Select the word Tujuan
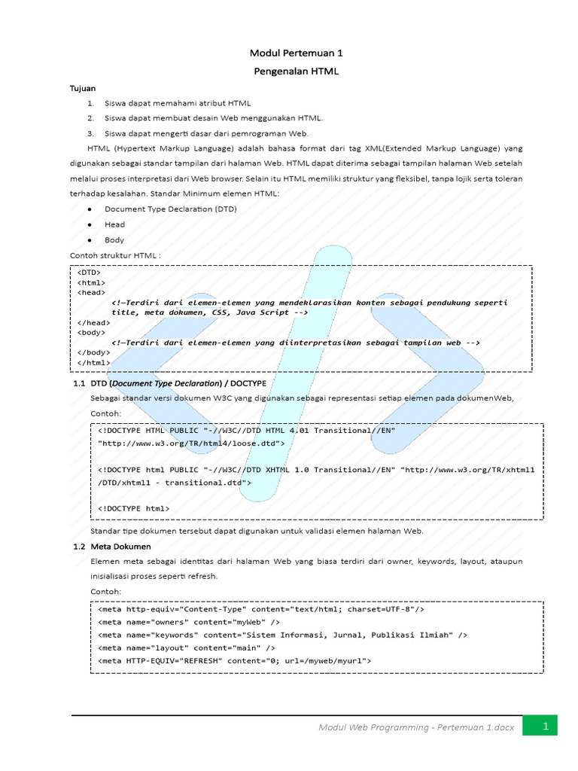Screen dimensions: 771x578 click(83, 88)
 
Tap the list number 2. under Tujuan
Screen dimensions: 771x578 click(90, 118)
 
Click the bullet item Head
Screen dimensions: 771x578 click(115, 224)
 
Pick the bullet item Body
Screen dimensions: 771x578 click(115, 240)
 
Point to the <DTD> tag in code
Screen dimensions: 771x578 click(89, 273)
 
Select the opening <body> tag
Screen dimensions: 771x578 click(91, 331)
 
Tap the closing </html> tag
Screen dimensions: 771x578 click(93, 362)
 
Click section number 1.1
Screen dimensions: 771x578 click(79, 384)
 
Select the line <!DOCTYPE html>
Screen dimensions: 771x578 click(134, 508)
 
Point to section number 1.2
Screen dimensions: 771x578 click(79, 547)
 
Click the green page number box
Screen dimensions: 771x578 click(545, 727)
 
